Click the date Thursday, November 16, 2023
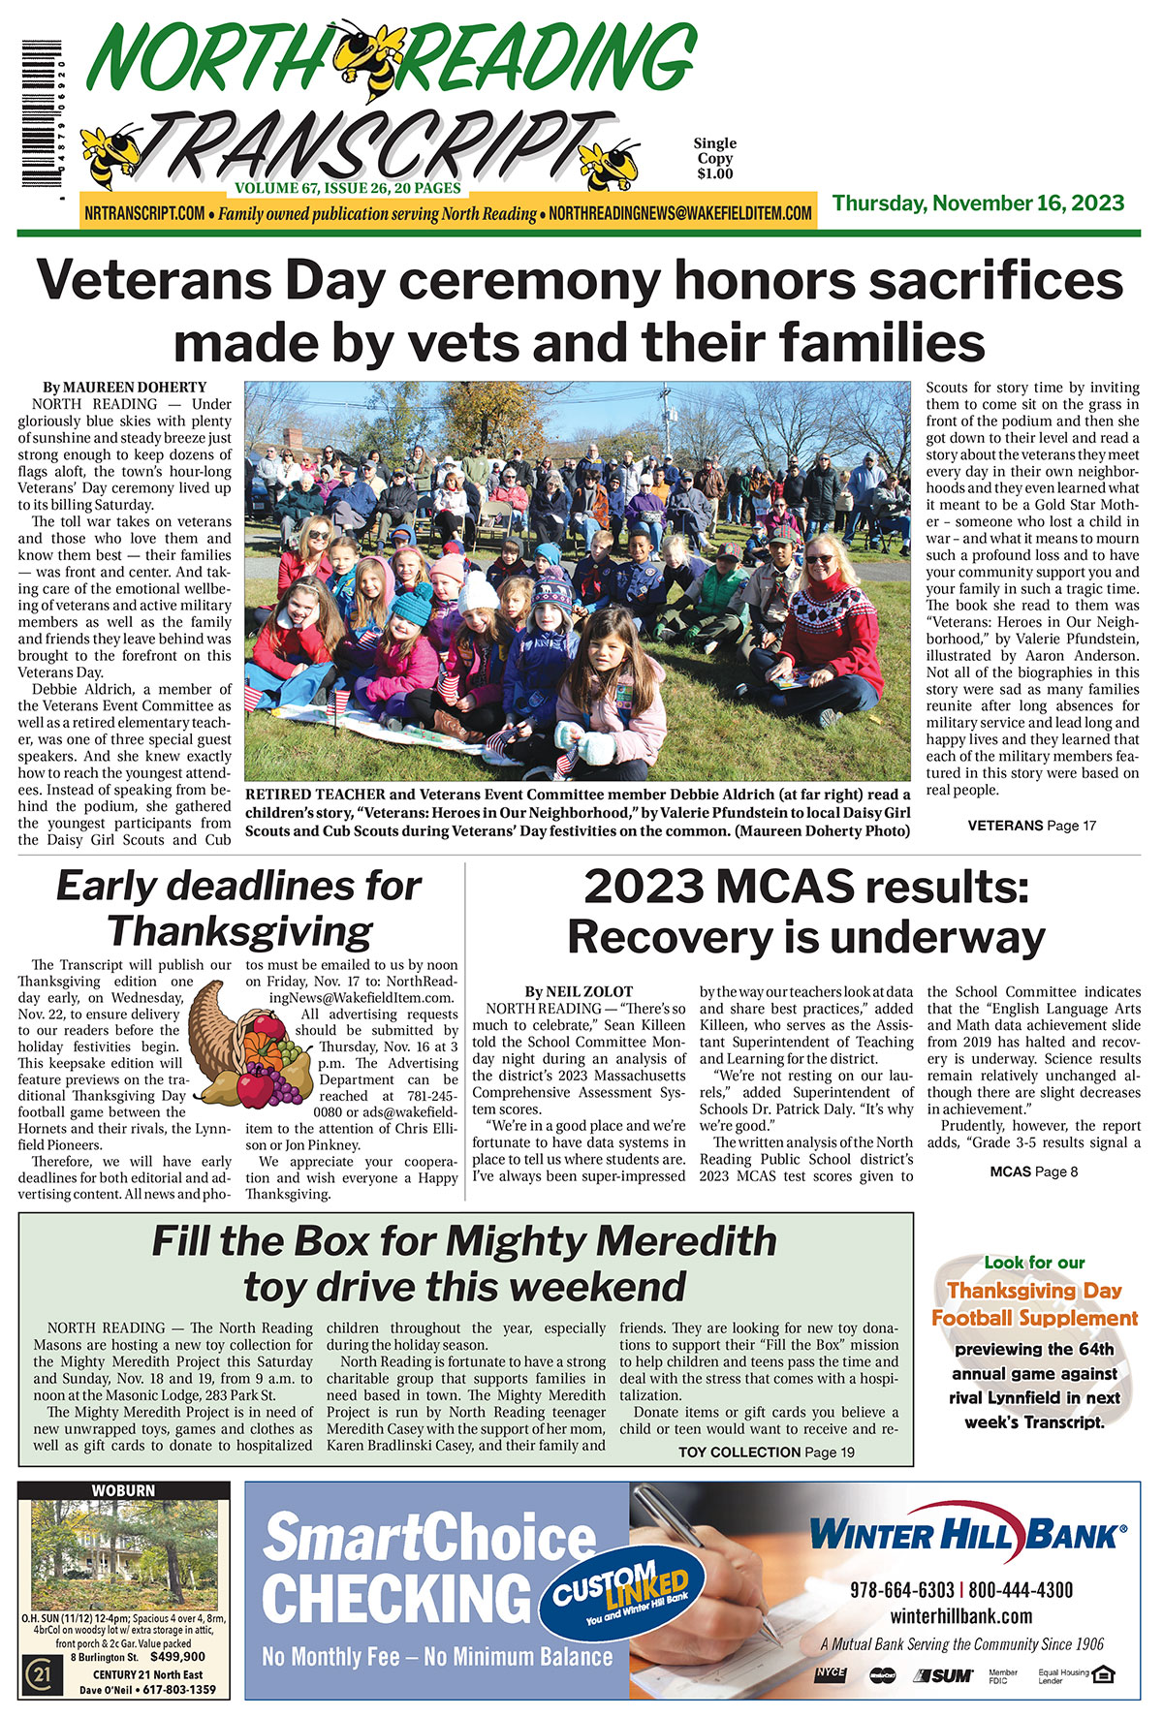point(978,203)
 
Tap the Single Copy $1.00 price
point(714,158)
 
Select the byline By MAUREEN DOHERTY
point(124,387)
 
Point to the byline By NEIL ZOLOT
point(579,991)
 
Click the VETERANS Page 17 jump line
point(1031,826)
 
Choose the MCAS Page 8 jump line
point(1033,1171)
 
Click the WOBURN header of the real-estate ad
point(123,1490)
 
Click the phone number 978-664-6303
point(901,1590)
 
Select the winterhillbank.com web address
point(961,1615)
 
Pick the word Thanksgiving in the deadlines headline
point(240,931)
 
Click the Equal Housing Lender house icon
point(1104,1673)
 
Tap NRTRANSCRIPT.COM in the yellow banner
point(144,213)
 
